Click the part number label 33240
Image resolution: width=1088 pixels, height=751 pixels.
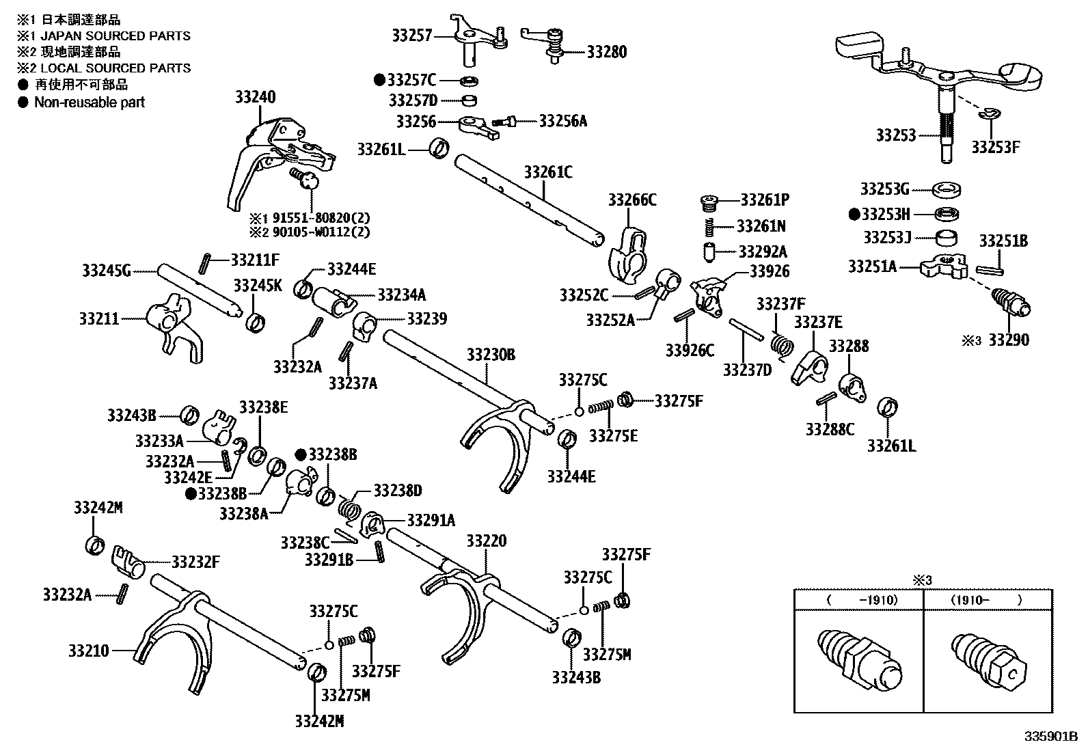tap(255, 97)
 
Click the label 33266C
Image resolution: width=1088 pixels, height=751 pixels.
tap(632, 200)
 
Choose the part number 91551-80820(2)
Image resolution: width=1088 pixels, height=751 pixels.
tap(321, 219)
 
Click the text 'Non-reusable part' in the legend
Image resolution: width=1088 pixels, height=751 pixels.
tap(90, 103)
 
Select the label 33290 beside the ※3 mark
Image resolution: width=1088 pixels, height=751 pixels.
tap(1009, 340)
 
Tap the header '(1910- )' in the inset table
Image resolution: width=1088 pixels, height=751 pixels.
tap(985, 600)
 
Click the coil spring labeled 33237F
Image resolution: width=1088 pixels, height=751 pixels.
tap(781, 341)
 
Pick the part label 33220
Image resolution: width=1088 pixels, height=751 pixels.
tap(487, 541)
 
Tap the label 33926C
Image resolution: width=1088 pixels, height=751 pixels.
tap(690, 351)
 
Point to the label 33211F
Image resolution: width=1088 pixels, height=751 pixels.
tap(255, 259)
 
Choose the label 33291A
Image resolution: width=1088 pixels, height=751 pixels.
tap(431, 520)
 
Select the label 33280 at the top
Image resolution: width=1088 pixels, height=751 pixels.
tap(606, 52)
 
